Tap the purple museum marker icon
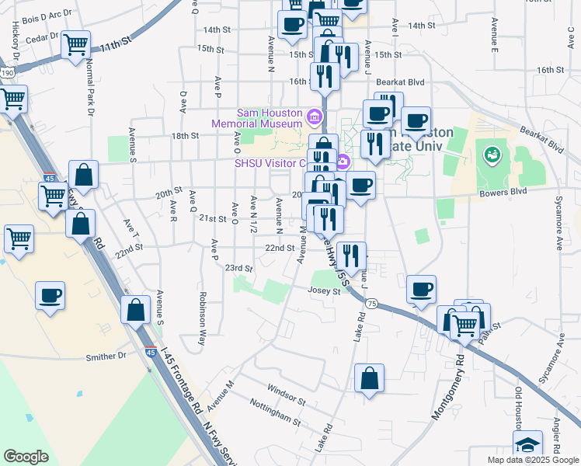pyautogui.click(x=315, y=118)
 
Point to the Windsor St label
pyautogui.click(x=286, y=393)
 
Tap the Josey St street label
pyautogui.click(x=326, y=292)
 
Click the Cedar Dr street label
pyautogui.click(x=43, y=37)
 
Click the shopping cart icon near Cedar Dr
pyautogui.click(x=76, y=44)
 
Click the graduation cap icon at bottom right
pyautogui.click(x=527, y=445)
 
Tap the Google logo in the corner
pyautogui.click(x=26, y=457)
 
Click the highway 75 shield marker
pyautogui.click(x=373, y=304)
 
